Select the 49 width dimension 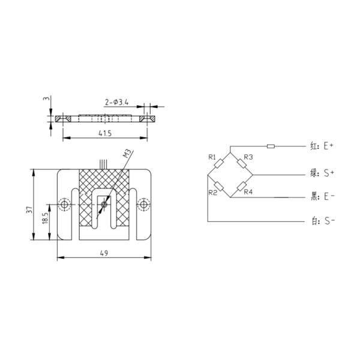click(104, 253)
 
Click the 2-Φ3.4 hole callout click(116, 103)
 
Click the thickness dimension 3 click(46, 99)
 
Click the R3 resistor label click(248, 157)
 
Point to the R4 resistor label click(248, 192)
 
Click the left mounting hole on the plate click(65, 205)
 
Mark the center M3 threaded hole click(104, 205)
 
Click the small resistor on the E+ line click(270, 146)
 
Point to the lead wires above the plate click(104, 163)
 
